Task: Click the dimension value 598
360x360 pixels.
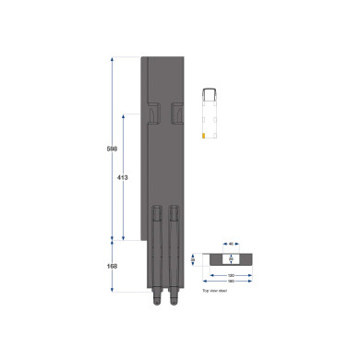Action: (x=111, y=148)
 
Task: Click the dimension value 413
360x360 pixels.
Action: (x=122, y=176)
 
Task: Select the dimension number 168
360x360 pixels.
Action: (x=111, y=267)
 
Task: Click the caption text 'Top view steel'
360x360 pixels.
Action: (x=214, y=290)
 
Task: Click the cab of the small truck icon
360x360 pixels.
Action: (x=210, y=92)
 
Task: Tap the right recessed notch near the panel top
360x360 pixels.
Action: (x=176, y=113)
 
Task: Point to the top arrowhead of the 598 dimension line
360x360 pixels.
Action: (x=112, y=59)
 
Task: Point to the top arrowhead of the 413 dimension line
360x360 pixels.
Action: (x=123, y=115)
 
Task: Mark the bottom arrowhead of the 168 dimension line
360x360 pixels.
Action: (x=112, y=290)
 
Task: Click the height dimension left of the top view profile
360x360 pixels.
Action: (x=193, y=260)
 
